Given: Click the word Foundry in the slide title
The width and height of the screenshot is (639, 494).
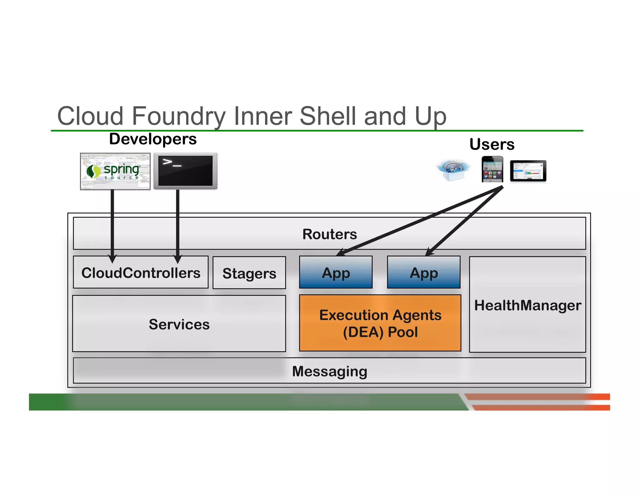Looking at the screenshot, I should tap(179, 116).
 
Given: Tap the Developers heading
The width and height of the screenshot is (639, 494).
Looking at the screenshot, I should tap(153, 139).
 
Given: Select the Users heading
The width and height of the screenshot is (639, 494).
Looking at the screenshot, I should tap(492, 144).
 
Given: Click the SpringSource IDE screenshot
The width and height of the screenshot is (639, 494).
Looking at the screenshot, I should tap(115, 171).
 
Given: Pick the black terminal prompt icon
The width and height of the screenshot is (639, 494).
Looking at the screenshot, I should tap(185, 171).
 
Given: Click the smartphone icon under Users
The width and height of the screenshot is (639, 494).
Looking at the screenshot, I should tap(492, 169).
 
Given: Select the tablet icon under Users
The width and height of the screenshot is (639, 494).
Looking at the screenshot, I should tap(528, 171).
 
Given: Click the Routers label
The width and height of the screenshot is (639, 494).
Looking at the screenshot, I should tap(329, 234).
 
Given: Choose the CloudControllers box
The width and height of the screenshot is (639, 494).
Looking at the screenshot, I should tap(141, 273).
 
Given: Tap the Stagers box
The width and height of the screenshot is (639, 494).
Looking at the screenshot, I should tap(249, 273).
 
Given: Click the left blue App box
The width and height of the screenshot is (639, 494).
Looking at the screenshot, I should tap(336, 273).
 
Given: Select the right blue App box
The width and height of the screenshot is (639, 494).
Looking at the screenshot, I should tap(423, 273).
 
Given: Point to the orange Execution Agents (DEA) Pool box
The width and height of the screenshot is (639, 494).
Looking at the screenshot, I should tap(380, 323).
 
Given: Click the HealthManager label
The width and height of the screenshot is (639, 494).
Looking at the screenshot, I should tap(527, 305).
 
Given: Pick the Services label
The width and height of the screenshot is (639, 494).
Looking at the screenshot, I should tap(179, 324).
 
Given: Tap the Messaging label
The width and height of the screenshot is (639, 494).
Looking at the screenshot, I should tap(329, 371).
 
